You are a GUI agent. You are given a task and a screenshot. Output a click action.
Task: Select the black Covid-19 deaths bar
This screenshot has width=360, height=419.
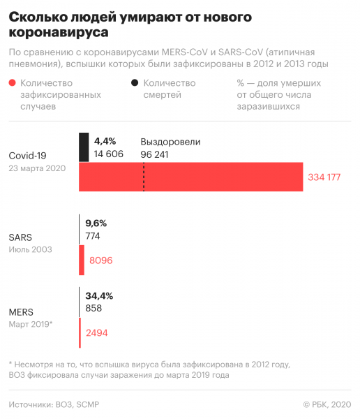click(84, 147)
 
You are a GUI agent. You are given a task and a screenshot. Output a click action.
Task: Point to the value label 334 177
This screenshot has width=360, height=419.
click(324, 177)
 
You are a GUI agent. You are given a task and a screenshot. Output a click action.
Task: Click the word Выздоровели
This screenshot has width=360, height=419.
click(170, 141)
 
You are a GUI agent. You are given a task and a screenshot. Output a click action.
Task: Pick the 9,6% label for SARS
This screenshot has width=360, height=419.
click(96, 223)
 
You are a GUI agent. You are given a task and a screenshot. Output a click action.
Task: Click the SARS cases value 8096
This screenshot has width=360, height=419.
click(101, 260)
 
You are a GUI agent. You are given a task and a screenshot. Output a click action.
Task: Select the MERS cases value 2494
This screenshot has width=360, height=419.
click(96, 333)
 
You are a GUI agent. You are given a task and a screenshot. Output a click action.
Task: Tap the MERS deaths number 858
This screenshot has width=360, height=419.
click(93, 308)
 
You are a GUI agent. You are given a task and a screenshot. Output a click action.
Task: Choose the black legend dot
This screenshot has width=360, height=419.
click(133, 83)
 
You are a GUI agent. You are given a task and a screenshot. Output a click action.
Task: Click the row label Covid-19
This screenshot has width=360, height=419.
click(27, 155)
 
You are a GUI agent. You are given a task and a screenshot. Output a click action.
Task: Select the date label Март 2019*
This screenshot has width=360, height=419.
click(31, 324)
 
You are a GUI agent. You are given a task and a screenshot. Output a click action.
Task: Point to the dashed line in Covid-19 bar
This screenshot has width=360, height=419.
click(144, 177)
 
